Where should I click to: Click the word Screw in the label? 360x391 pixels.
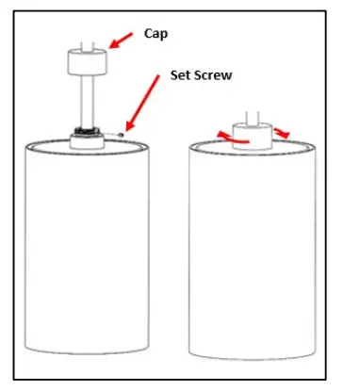coord(217,73)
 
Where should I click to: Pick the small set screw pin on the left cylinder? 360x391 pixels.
coord(122,135)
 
